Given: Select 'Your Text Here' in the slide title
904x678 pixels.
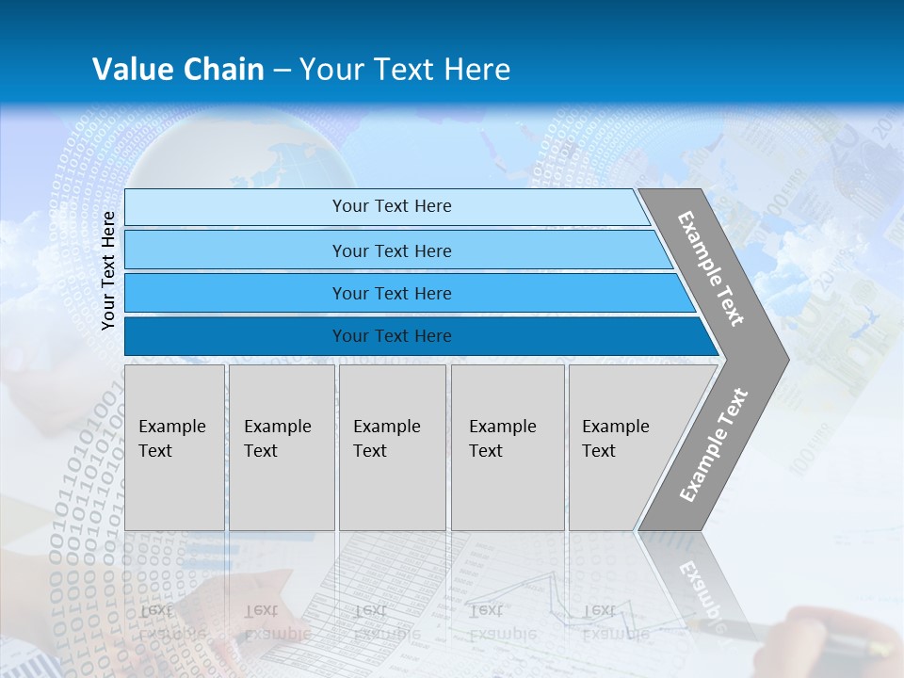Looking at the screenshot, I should pos(405,70).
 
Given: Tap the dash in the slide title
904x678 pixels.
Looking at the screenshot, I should pos(282,71).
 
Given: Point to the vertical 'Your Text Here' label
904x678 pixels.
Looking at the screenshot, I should pos(108,270).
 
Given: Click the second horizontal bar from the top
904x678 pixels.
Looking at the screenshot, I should pos(391,250).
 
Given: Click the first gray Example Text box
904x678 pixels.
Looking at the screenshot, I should pos(174,446).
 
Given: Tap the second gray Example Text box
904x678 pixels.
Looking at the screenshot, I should pos(282,446).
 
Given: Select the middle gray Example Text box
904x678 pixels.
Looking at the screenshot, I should pos(392,446).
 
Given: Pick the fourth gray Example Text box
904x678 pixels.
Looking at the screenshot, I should pos(508,446).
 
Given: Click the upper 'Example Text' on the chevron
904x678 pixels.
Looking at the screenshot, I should pos(711,268).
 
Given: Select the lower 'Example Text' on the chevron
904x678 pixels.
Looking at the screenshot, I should pos(713,444).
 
